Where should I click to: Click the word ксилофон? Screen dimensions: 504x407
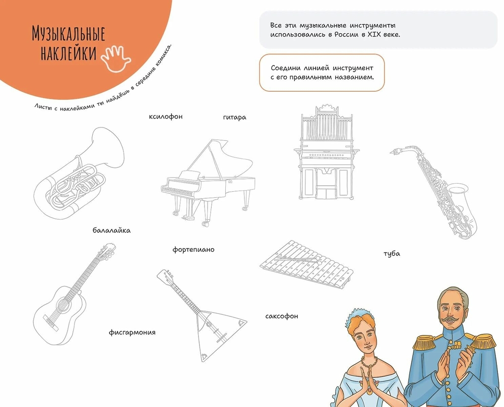coord(165,117)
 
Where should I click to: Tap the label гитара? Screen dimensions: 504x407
coord(234,118)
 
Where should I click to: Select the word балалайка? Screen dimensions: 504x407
coord(111,230)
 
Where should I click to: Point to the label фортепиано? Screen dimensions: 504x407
coord(193,250)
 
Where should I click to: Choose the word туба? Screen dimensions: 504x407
coord(392,254)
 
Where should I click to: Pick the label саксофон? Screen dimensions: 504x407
coord(282,316)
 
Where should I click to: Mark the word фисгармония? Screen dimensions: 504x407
coord(132,332)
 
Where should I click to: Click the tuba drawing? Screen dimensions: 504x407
coord(79,173)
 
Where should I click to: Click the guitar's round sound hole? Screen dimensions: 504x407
coord(61,303)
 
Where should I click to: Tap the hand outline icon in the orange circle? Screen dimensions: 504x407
coord(116,58)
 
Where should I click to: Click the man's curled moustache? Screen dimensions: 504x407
coord(451,319)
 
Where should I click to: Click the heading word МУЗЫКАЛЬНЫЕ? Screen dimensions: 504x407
coord(69,34)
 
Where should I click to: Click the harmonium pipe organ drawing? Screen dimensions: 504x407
coord(326,152)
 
